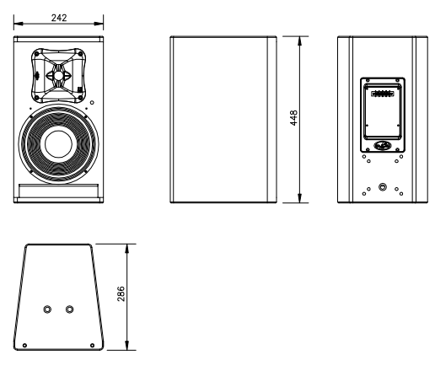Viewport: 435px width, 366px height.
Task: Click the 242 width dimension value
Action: click(59, 18)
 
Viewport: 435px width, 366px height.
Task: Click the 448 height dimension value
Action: click(293, 118)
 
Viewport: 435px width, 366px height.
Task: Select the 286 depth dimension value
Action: click(121, 293)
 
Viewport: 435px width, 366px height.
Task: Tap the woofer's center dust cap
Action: click(58, 144)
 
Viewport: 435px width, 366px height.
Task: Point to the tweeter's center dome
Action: click(58, 76)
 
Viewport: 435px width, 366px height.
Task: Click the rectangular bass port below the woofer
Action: click(58, 191)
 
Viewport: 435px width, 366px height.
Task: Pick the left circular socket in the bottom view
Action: click(47, 309)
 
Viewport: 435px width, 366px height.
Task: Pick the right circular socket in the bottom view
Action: click(69, 309)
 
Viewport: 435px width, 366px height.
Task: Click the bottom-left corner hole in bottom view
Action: click(24, 345)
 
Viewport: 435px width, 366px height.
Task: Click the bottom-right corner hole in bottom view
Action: click(92, 345)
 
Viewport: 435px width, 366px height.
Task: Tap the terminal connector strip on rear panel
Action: click(383, 94)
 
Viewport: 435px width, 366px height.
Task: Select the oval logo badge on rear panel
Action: click(383, 145)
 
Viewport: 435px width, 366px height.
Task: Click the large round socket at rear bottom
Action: click(383, 186)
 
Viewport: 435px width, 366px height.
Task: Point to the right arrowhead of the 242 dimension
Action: click(99, 24)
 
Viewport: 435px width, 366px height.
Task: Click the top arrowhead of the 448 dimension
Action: click(300, 40)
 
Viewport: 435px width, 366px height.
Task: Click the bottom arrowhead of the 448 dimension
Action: click(300, 198)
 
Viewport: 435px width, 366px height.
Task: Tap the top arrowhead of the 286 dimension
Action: click(127, 249)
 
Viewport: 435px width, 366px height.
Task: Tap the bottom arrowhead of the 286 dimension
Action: click(127, 346)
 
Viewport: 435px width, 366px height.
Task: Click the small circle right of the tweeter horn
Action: click(92, 103)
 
